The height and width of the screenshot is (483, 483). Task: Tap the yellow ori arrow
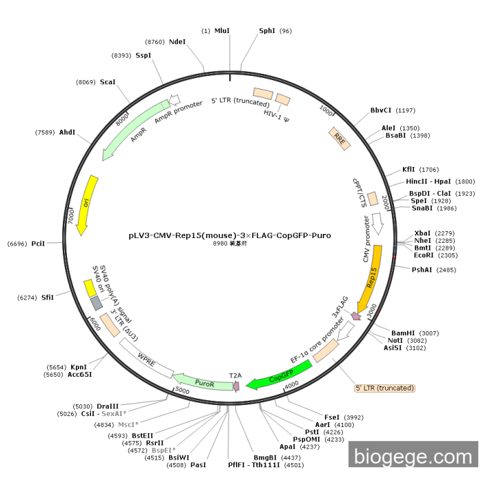coord(86,205)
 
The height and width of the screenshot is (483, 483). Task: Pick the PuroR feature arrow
coord(204,382)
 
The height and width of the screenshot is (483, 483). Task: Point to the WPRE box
coord(146,358)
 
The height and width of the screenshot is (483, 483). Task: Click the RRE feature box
coord(339,139)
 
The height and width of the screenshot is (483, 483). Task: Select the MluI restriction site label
coord(221,31)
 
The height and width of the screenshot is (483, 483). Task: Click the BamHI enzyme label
coord(403,333)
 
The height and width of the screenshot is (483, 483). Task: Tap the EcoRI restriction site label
coord(424,255)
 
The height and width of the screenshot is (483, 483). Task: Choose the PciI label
coord(38,244)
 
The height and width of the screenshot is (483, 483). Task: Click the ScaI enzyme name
coord(108,82)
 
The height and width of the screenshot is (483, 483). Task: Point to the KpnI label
coord(79,367)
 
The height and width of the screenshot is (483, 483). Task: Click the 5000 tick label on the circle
coord(182,391)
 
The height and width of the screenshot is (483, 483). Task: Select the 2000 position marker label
coord(385,202)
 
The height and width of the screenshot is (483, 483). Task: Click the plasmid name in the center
coord(230,235)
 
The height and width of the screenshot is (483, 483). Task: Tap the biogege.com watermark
coord(413,457)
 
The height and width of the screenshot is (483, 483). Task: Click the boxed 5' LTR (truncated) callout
coord(385,388)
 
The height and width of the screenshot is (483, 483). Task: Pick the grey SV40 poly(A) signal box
coord(97,303)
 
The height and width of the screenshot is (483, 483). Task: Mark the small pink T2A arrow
coord(236,386)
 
